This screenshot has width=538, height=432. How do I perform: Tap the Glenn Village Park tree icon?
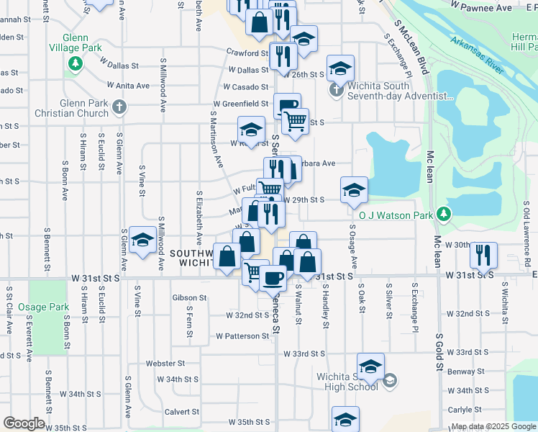click(x=74, y=65)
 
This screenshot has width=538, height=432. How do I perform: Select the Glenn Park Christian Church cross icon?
click(x=119, y=108)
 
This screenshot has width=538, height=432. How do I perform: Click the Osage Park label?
click(x=44, y=307)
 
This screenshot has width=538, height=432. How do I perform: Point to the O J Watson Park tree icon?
click(x=444, y=214)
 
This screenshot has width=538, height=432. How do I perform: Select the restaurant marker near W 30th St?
click(x=483, y=254)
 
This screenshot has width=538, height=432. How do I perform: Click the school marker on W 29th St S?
click(x=354, y=190)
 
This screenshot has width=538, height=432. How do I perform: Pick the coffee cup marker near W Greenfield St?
click(x=287, y=107)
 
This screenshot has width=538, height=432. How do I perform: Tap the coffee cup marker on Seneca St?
click(x=272, y=276)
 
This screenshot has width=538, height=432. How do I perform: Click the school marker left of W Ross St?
click(x=250, y=130)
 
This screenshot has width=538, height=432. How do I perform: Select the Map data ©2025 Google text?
click(x=493, y=427)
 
